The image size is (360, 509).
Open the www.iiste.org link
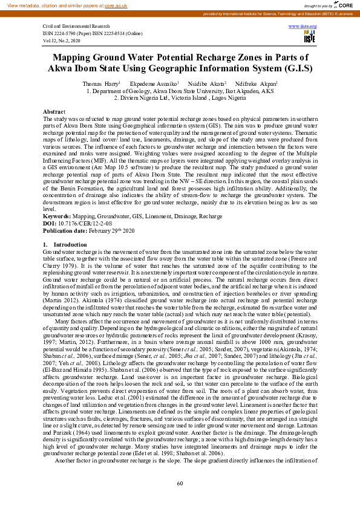(308, 27)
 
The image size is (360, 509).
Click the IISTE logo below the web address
(309, 37)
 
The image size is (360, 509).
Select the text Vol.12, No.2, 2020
(62, 41)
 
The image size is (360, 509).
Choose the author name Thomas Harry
(100, 83)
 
